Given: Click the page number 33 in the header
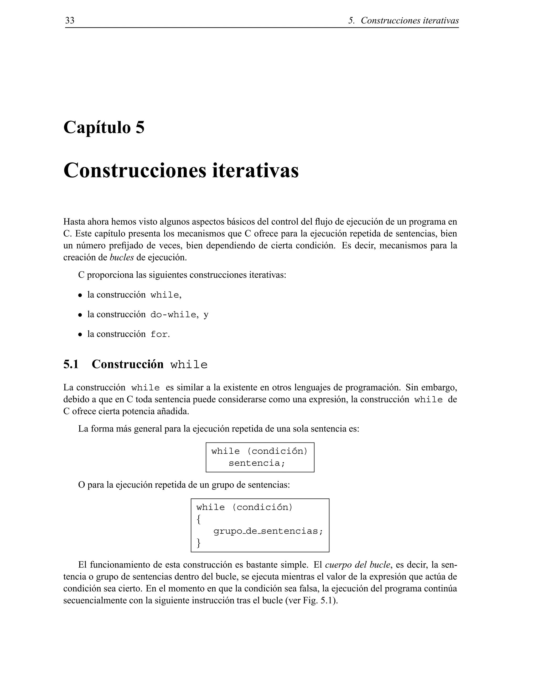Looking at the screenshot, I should coord(70,20).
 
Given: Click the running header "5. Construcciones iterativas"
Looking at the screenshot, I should coord(403,21).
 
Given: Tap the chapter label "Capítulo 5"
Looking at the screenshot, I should coord(104,127).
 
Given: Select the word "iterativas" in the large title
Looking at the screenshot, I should coord(255,170).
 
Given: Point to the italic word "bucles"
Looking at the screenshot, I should coord(121,257).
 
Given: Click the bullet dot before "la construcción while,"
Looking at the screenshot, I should coord(80,295).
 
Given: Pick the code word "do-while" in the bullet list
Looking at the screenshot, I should coord(173,315).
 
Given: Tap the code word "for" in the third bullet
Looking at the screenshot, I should coord(159,335).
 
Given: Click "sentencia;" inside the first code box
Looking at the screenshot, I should coord(257,463).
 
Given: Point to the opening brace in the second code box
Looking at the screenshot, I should coord(199,520).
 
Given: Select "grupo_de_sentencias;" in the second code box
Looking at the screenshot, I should coord(268,531).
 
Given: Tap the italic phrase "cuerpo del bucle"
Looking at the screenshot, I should coord(357,565).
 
